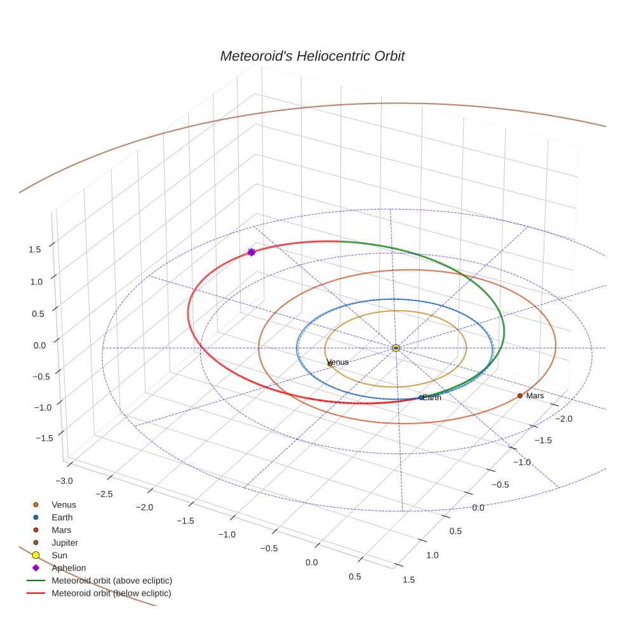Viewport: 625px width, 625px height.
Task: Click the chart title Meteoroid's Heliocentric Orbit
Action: [x=312, y=56]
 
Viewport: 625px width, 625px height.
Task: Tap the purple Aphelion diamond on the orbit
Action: [x=252, y=252]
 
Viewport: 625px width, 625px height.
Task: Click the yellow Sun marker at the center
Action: [x=396, y=348]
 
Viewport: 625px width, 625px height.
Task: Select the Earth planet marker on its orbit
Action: [x=420, y=398]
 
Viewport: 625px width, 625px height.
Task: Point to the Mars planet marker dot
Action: [x=520, y=396]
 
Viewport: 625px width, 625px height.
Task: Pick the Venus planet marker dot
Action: [x=330, y=364]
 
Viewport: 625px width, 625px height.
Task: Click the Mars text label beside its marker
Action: [x=535, y=396]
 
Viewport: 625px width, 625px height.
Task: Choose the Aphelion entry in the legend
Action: [x=69, y=568]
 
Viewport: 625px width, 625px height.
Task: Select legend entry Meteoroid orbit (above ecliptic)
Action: [x=112, y=581]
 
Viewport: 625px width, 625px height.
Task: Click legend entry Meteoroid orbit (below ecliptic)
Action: [x=111, y=593]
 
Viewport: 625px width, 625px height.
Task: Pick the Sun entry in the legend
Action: [x=59, y=555]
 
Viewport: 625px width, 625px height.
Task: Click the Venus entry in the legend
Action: [x=64, y=504]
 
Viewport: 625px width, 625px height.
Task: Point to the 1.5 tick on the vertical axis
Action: [x=35, y=250]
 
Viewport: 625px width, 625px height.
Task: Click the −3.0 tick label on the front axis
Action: [x=65, y=481]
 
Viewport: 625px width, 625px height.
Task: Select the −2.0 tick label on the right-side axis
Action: [x=563, y=419]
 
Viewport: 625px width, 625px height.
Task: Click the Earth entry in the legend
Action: [x=62, y=517]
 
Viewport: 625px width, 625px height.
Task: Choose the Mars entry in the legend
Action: [x=61, y=530]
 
